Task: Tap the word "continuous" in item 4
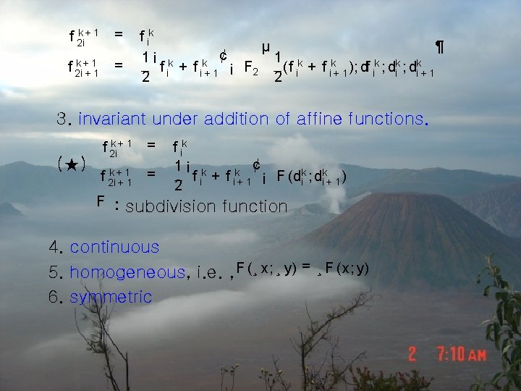pos(114,247)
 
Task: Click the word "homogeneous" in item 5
pos(127,273)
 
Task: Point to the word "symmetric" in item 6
pos(111,297)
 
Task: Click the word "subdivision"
pos(170,207)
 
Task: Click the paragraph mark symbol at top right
pos(439,48)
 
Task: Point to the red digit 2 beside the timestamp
pos(412,355)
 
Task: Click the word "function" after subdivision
pos(254,207)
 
